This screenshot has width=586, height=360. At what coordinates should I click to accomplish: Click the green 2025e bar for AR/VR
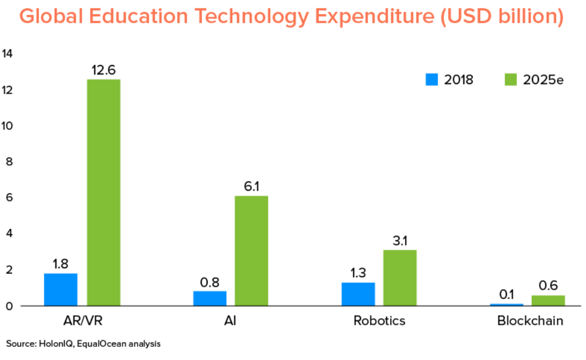coord(104,192)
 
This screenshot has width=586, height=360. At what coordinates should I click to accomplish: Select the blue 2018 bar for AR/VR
coord(61,289)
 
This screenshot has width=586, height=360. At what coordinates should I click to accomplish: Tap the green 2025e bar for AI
coord(251,250)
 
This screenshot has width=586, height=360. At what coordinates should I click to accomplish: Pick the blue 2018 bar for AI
coord(210,298)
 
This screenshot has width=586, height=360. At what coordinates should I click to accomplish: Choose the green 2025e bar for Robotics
coord(400,277)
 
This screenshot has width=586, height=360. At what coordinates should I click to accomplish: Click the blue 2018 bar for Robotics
coord(358,294)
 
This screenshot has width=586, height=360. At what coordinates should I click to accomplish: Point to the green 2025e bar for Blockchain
coord(548,300)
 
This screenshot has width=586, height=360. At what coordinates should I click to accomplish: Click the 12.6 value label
coord(104,70)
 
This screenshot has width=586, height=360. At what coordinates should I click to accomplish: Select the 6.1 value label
coord(251,187)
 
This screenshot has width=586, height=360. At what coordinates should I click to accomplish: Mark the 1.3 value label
coord(358,273)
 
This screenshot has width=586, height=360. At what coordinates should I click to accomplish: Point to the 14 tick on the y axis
coord(7,54)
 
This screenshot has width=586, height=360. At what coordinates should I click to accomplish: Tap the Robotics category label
coord(379,321)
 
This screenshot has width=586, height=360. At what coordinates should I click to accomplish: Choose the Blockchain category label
coord(530,321)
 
